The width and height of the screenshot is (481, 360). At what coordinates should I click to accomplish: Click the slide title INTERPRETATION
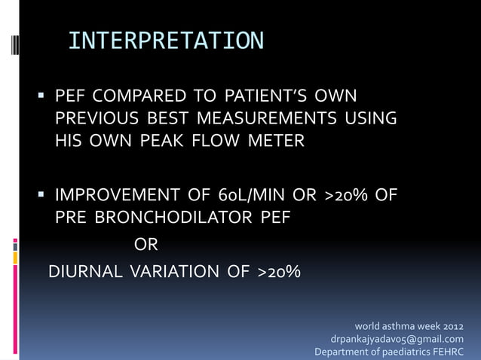[x=166, y=41]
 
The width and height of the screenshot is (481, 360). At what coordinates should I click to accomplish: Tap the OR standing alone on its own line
[x=146, y=245]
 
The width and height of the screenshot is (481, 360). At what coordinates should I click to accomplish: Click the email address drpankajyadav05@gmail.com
[x=403, y=339]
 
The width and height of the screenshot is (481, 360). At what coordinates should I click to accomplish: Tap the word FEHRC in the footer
[x=446, y=352]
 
